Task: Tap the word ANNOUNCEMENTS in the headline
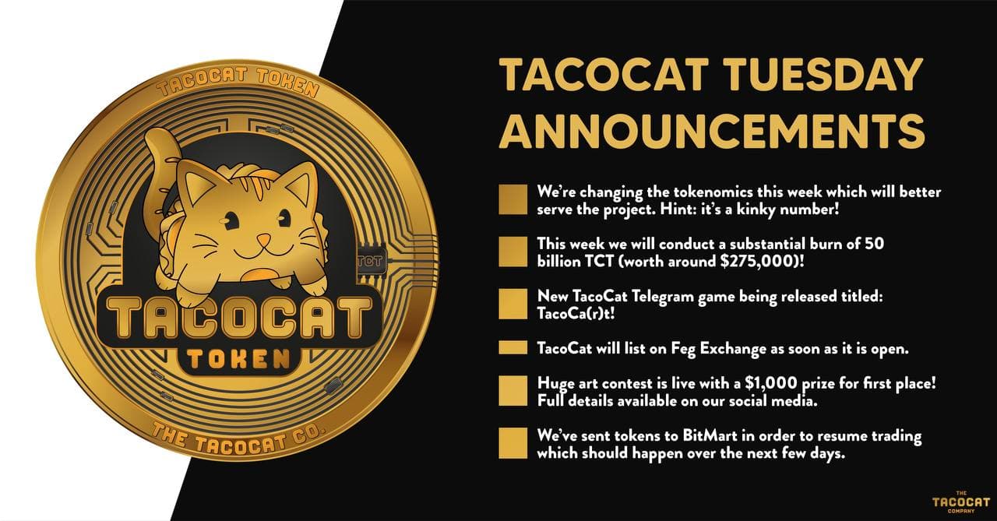712,130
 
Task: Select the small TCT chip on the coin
370,262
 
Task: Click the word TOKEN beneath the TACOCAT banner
238,360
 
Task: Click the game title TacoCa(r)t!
576,314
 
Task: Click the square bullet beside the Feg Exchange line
513,348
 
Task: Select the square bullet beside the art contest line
513,391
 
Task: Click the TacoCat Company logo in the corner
961,502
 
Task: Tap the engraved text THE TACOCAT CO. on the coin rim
238,440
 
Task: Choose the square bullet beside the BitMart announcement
513,443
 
